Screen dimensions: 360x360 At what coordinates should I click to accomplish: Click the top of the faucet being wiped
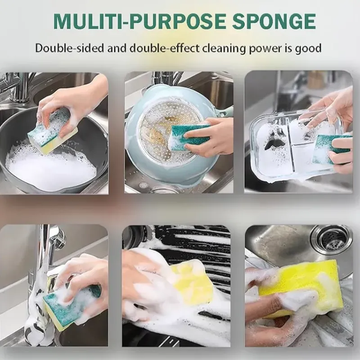pyautogui.click(x=52, y=234)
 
